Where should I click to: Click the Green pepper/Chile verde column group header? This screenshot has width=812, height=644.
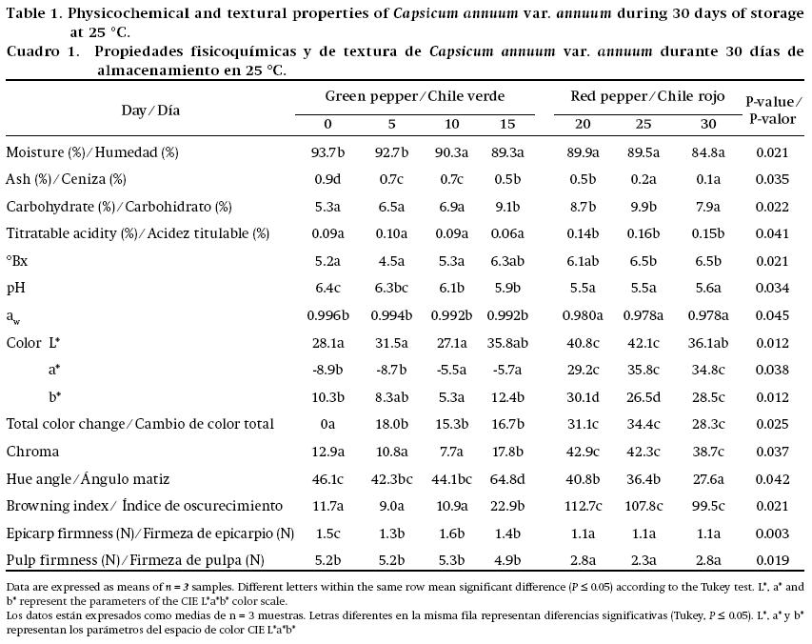click(415, 96)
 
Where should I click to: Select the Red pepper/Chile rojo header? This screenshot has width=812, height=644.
click(647, 96)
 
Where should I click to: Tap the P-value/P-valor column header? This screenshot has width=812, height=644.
click(773, 110)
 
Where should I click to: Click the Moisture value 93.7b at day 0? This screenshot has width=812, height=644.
click(328, 152)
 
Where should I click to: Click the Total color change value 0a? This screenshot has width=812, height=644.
click(328, 424)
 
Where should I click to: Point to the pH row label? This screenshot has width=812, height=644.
click(16, 288)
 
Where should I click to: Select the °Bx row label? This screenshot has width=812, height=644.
click(18, 261)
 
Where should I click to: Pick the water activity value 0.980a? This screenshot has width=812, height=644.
click(583, 315)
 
